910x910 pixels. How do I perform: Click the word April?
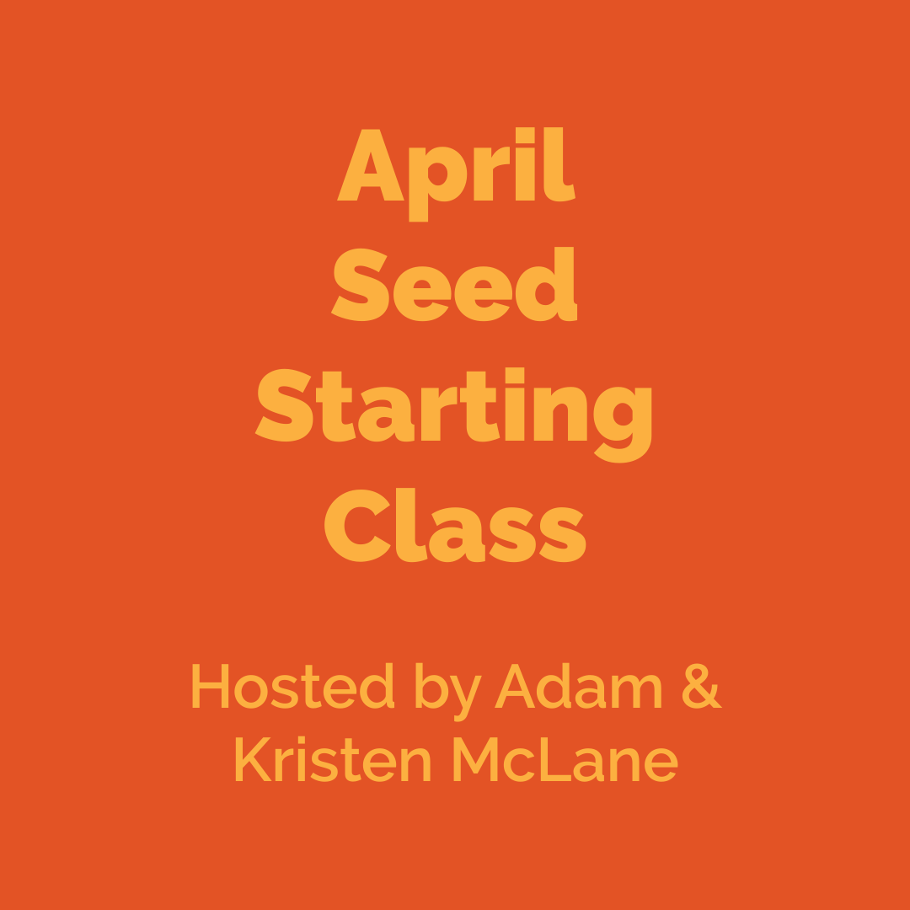456,169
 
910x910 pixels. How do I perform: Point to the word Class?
455,527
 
